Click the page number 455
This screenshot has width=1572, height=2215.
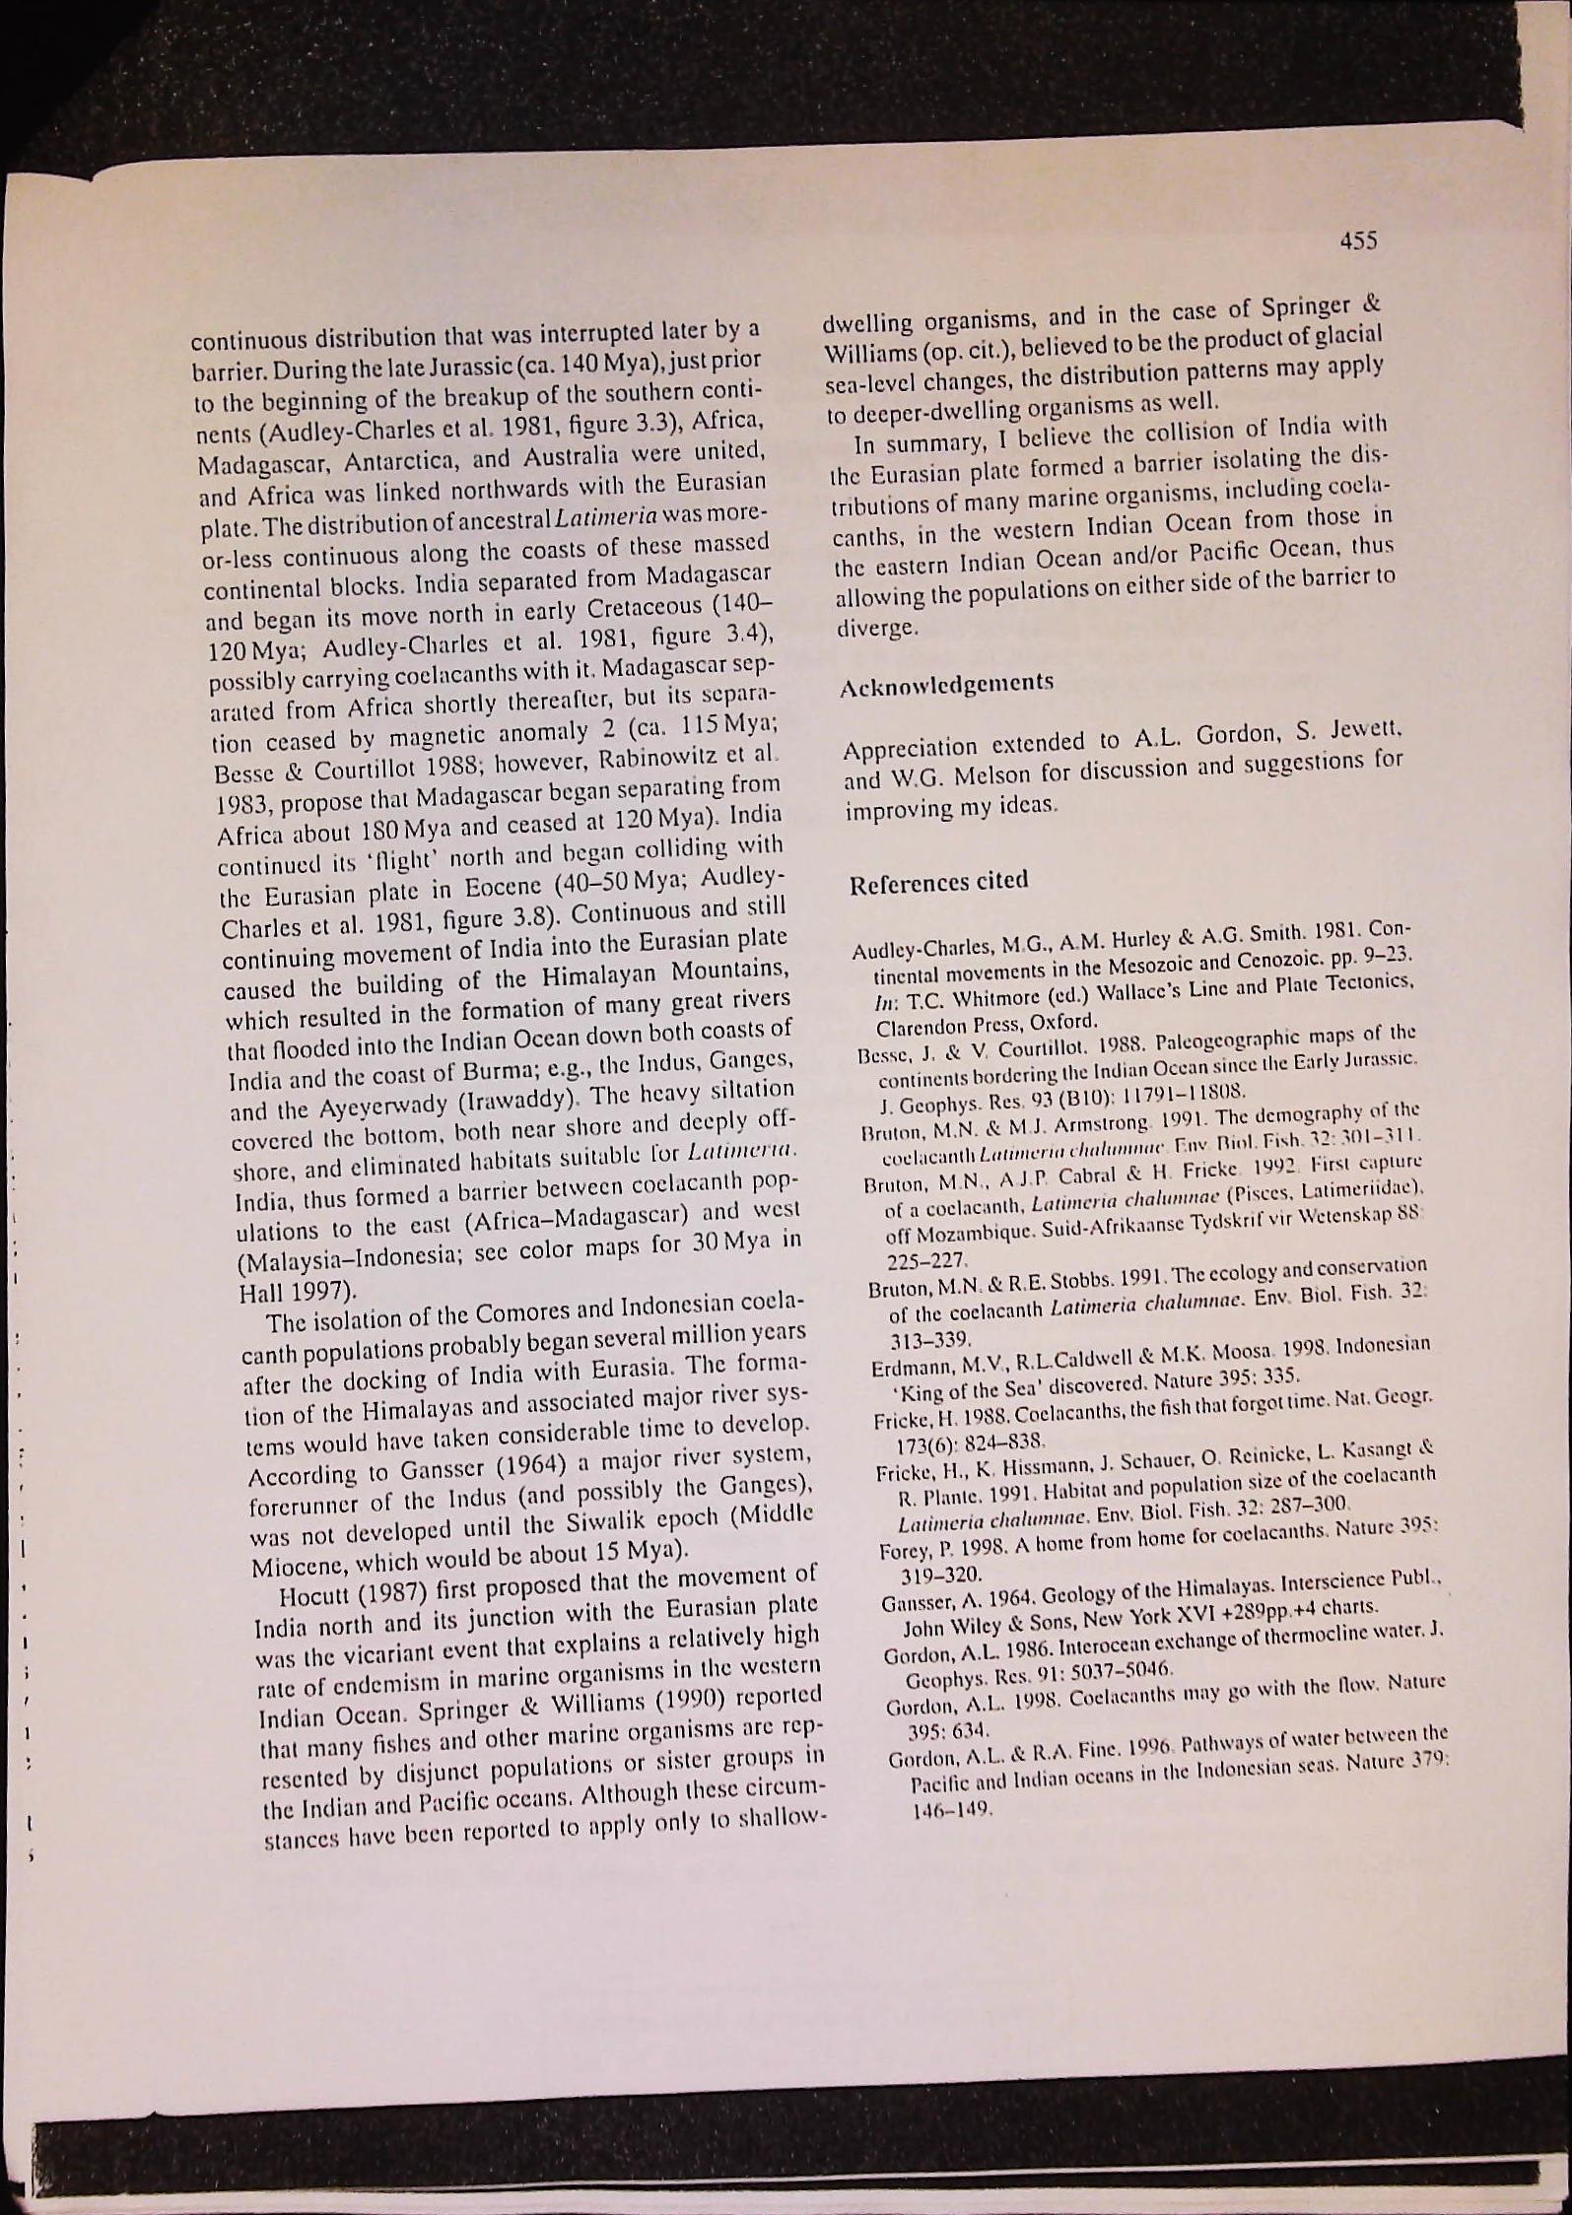tap(1357, 240)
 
